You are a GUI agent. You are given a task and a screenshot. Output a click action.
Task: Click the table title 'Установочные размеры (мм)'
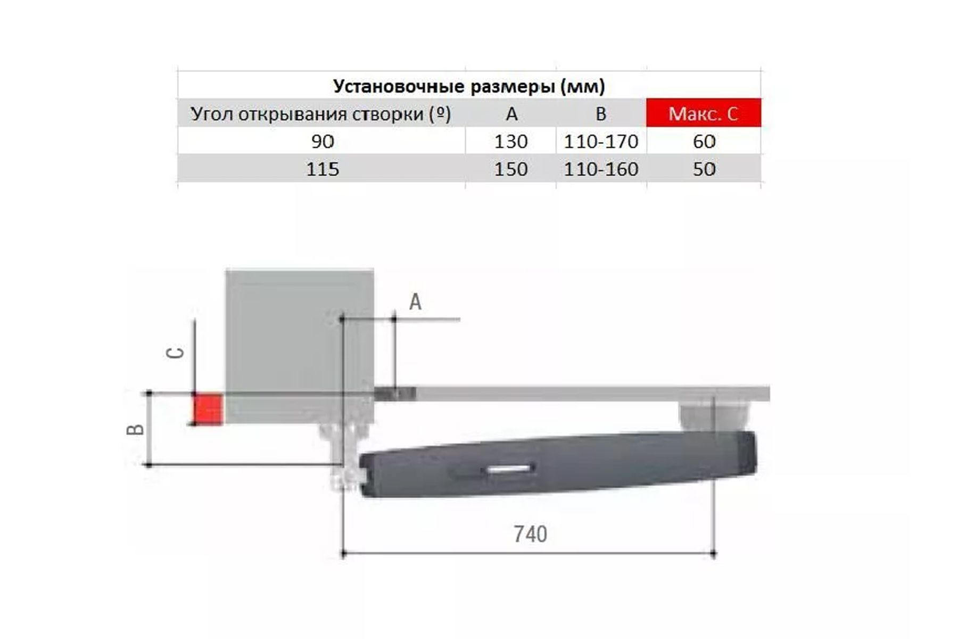469,86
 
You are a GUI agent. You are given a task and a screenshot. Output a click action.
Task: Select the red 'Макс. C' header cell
704,113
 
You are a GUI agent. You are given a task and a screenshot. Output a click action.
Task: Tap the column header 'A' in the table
511,113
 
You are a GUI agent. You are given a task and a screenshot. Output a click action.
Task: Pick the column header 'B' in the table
601,113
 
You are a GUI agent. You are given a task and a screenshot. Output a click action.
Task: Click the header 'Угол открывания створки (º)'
321,114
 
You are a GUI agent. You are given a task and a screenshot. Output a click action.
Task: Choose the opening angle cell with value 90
323,141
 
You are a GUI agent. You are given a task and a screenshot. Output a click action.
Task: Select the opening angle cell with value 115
323,169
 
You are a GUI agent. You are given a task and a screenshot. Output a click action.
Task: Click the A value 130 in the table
511,141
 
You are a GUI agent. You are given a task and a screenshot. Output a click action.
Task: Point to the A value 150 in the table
511,169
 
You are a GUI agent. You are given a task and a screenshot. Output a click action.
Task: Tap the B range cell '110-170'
601,141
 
